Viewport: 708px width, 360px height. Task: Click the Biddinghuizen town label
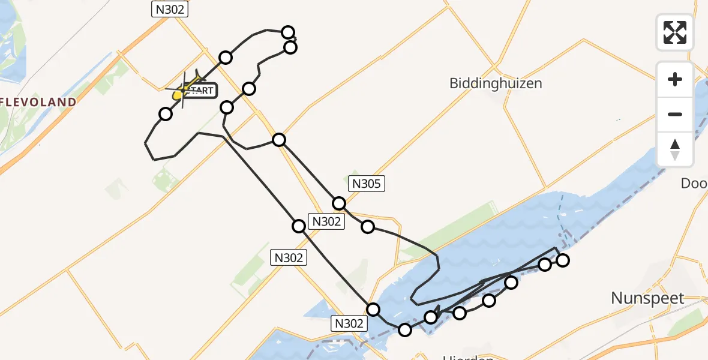(x=496, y=83)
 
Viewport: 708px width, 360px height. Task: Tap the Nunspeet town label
(x=647, y=298)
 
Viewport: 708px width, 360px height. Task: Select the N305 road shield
(x=366, y=184)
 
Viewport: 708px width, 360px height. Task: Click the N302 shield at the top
(x=170, y=9)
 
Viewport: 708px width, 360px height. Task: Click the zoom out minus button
(x=675, y=114)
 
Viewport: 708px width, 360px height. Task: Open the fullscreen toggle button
(x=675, y=32)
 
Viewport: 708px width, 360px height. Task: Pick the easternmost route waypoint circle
(x=562, y=260)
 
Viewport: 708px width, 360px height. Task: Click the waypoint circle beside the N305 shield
(x=339, y=203)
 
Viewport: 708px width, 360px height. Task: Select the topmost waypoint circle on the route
(x=288, y=32)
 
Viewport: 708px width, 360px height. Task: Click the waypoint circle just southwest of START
(x=165, y=113)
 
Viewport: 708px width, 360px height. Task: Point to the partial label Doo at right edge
(x=694, y=183)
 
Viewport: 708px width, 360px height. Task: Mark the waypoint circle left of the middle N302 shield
(x=298, y=226)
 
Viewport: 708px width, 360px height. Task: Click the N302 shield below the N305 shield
(x=326, y=221)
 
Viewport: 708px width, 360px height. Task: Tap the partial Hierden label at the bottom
(x=468, y=357)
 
